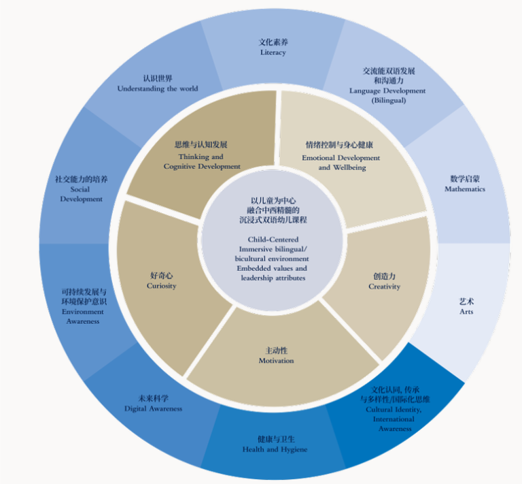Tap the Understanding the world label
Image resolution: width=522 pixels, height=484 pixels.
157,88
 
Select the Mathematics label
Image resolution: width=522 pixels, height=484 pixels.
465,189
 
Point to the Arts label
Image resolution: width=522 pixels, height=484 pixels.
466,312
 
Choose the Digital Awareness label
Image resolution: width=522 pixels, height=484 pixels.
153,408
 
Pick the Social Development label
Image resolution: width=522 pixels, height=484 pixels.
81,194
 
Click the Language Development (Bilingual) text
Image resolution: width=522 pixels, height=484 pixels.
387,95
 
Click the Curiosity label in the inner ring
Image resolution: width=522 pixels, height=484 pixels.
161,286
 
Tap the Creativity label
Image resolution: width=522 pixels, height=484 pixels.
385,287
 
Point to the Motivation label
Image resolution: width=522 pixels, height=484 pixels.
276,360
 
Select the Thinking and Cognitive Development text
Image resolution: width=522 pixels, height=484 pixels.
202,161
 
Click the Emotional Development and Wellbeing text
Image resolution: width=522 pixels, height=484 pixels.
341,163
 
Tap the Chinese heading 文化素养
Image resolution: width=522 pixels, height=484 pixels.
273,42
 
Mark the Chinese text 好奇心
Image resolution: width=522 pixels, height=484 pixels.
161,276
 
